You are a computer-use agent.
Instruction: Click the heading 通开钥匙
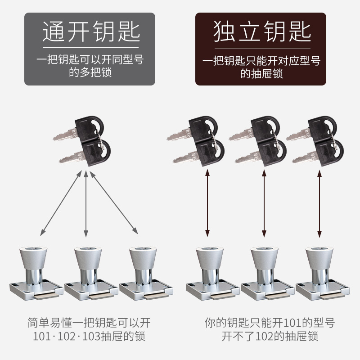click(90, 32)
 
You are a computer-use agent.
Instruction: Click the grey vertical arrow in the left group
click(85, 202)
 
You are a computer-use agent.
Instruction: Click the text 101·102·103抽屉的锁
click(90, 336)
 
